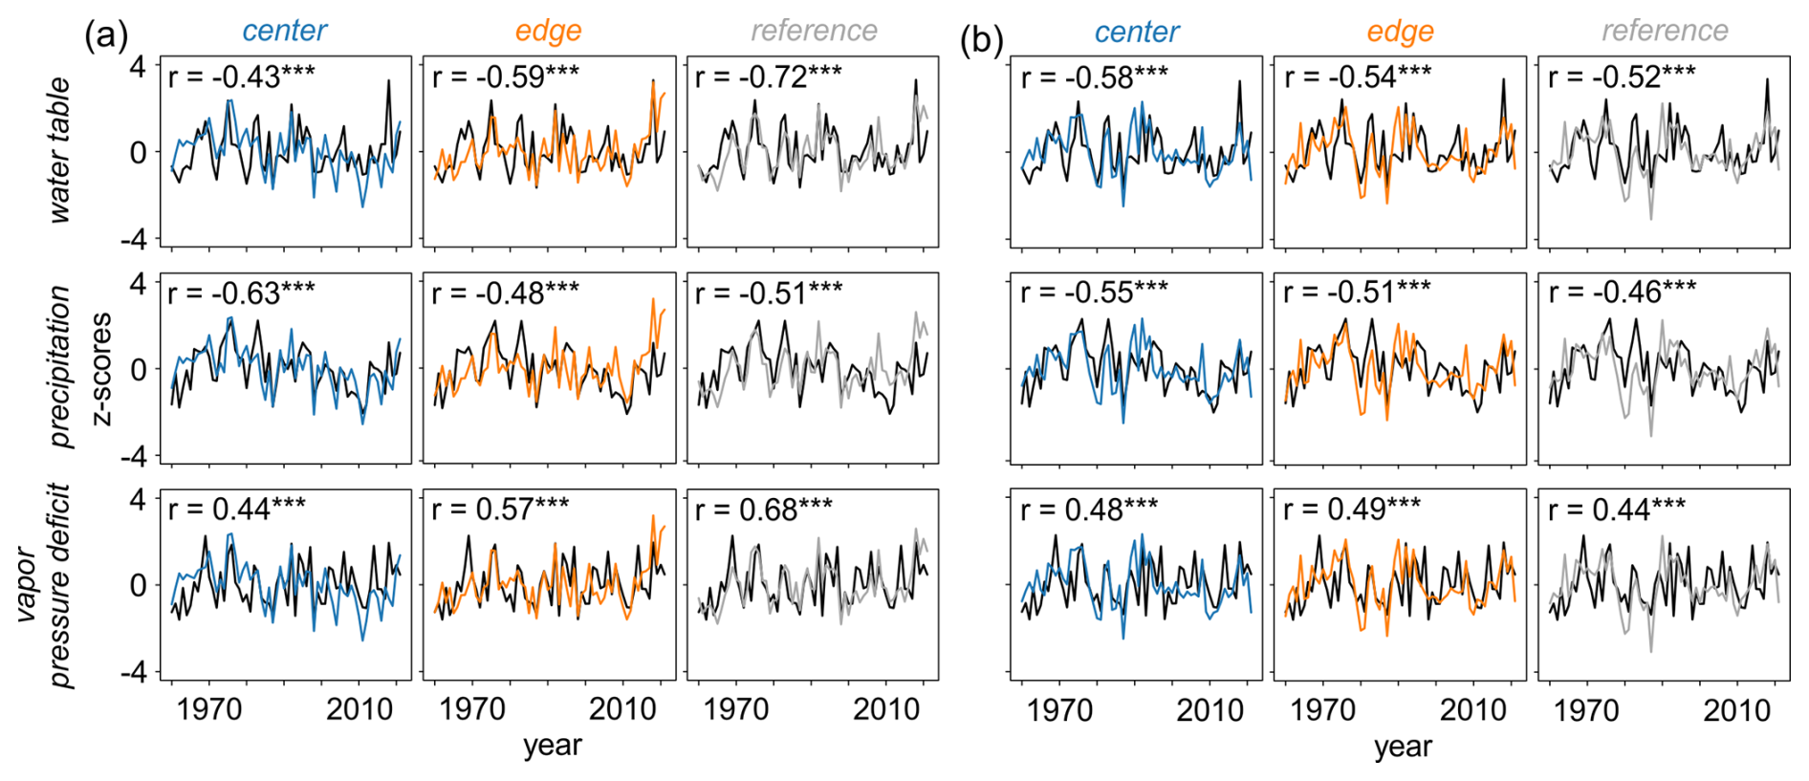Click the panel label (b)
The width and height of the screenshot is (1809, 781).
tap(981, 40)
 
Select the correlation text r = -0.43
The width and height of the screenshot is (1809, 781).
tap(241, 76)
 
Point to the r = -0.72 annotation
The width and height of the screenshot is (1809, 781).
tap(768, 76)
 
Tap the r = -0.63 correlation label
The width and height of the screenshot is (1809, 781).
tap(241, 293)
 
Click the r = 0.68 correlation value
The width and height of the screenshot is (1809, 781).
tap(763, 510)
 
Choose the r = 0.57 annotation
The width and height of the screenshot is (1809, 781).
tap(500, 510)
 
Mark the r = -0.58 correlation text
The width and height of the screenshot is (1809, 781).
tap(1094, 76)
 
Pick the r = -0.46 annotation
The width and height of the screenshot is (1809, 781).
tap(1622, 292)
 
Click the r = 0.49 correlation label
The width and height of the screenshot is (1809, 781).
tap(1351, 510)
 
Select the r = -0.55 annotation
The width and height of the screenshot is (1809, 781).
tap(1094, 292)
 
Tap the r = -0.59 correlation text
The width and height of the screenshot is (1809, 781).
tap(505, 76)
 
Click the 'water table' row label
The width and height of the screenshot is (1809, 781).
tap(59, 151)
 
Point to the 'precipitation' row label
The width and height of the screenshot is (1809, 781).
tap(59, 367)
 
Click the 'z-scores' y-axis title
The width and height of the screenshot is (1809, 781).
tap(99, 368)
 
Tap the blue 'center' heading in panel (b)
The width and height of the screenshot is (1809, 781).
tap(1136, 32)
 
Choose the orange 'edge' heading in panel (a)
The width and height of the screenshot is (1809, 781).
tap(548, 31)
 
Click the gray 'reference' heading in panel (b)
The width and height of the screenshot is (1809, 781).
tap(1665, 31)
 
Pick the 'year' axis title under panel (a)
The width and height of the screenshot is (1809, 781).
tap(552, 746)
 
